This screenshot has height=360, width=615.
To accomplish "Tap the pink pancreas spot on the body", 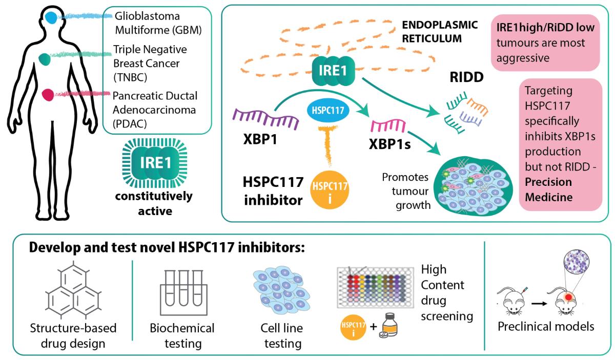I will (48, 94).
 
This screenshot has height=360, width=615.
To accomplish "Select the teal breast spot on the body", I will (45, 59).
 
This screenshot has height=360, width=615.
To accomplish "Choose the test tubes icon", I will (181, 292).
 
